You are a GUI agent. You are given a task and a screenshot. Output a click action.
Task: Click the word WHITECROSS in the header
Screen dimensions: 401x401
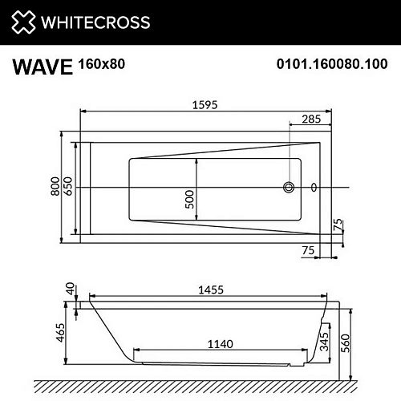(x=97, y=21)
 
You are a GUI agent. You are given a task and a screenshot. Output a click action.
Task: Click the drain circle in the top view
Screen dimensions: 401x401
(x=287, y=188)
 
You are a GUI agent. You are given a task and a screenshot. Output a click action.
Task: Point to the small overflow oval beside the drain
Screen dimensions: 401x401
(x=314, y=188)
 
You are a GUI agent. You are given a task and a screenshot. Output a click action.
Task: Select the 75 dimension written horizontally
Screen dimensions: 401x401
(x=307, y=251)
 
